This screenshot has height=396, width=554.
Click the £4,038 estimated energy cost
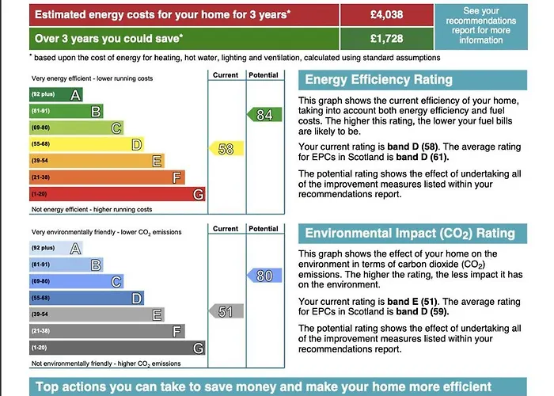[x=386, y=14]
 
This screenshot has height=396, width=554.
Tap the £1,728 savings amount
[x=386, y=37]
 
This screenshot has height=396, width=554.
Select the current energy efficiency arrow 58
[x=224, y=148]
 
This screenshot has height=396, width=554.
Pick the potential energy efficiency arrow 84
[x=264, y=116]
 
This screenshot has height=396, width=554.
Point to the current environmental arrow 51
[x=224, y=311]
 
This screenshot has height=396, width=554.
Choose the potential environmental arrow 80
[x=264, y=276]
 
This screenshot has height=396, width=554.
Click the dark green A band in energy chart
[x=55, y=95]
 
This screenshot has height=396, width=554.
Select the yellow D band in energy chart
[x=87, y=144]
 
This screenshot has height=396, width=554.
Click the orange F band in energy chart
[x=107, y=177]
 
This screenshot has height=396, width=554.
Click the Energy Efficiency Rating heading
[x=378, y=79]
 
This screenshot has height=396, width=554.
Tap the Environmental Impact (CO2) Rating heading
[x=409, y=233]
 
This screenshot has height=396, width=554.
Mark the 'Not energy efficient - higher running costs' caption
[x=92, y=209]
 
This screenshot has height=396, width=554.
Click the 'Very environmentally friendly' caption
[x=106, y=232]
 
